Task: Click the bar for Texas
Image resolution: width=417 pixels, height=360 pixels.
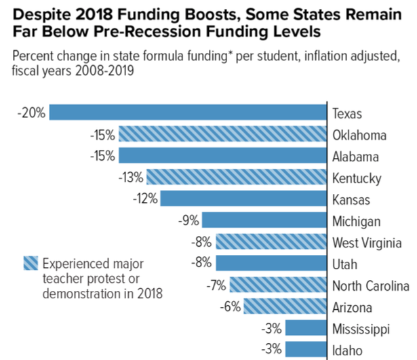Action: [188, 113]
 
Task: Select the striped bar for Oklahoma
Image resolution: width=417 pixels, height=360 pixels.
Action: [222, 135]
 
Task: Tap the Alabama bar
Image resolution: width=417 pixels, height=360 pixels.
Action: [222, 156]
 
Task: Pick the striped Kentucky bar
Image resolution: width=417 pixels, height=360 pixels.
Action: [237, 178]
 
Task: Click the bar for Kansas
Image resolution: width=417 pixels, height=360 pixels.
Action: [243, 199]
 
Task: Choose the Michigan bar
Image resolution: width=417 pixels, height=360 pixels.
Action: [264, 220]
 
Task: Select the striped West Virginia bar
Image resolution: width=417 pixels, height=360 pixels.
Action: [271, 242]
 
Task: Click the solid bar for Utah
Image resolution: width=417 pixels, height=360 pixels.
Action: [271, 264]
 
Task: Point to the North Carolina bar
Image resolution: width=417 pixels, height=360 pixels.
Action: [279, 285]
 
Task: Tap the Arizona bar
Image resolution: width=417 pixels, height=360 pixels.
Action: [285, 306]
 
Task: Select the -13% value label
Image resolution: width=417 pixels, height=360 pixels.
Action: [130, 178]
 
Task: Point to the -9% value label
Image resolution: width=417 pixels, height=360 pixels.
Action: [188, 220]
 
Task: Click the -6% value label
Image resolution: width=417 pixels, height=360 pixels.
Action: [230, 306]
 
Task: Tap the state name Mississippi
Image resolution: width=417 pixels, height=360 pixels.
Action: [361, 328]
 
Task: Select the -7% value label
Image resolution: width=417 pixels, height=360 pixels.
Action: [216, 285]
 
